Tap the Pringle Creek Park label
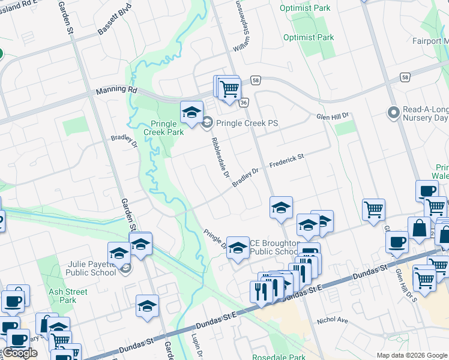tap(163, 128)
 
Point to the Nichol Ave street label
tap(333, 320)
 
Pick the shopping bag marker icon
tap(419, 229)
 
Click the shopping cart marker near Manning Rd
tap(229, 89)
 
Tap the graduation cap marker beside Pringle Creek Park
tap(191, 112)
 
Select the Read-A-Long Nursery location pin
tap(394, 113)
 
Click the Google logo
tap(20, 353)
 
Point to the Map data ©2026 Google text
tap(412, 355)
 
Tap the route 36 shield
tap(244, 103)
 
